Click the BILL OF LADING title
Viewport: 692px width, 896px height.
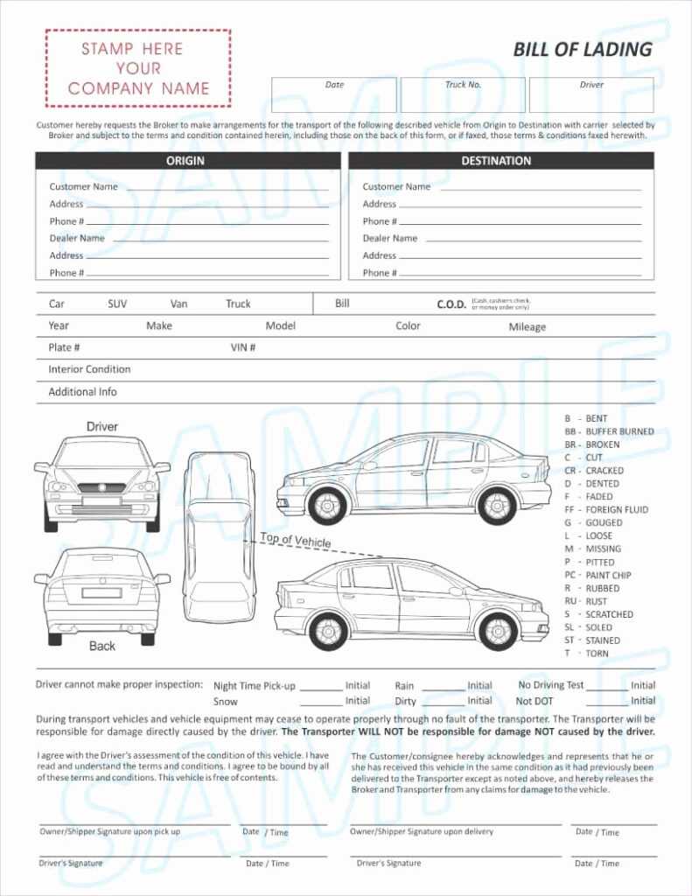[x=582, y=49]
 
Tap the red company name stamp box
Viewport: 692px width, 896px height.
[x=138, y=68]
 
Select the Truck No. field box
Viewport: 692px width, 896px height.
[x=463, y=94]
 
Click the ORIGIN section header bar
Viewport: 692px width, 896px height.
[x=187, y=161]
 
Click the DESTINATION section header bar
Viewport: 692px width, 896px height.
[x=500, y=161]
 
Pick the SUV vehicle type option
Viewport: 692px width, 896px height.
[x=117, y=304]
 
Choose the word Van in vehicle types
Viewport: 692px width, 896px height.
[x=178, y=304]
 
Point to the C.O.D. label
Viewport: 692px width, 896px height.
[x=452, y=304]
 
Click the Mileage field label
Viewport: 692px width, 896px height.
[x=527, y=327]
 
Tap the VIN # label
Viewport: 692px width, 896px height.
[x=243, y=348]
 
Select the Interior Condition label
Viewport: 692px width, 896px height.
[x=89, y=369]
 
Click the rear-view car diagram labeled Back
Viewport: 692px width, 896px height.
[x=102, y=595]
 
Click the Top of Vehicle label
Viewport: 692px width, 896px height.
[x=296, y=540]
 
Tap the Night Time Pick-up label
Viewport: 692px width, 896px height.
[x=254, y=686]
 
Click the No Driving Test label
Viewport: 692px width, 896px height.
[x=550, y=685]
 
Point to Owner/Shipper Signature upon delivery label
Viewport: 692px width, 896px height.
[x=422, y=831]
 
